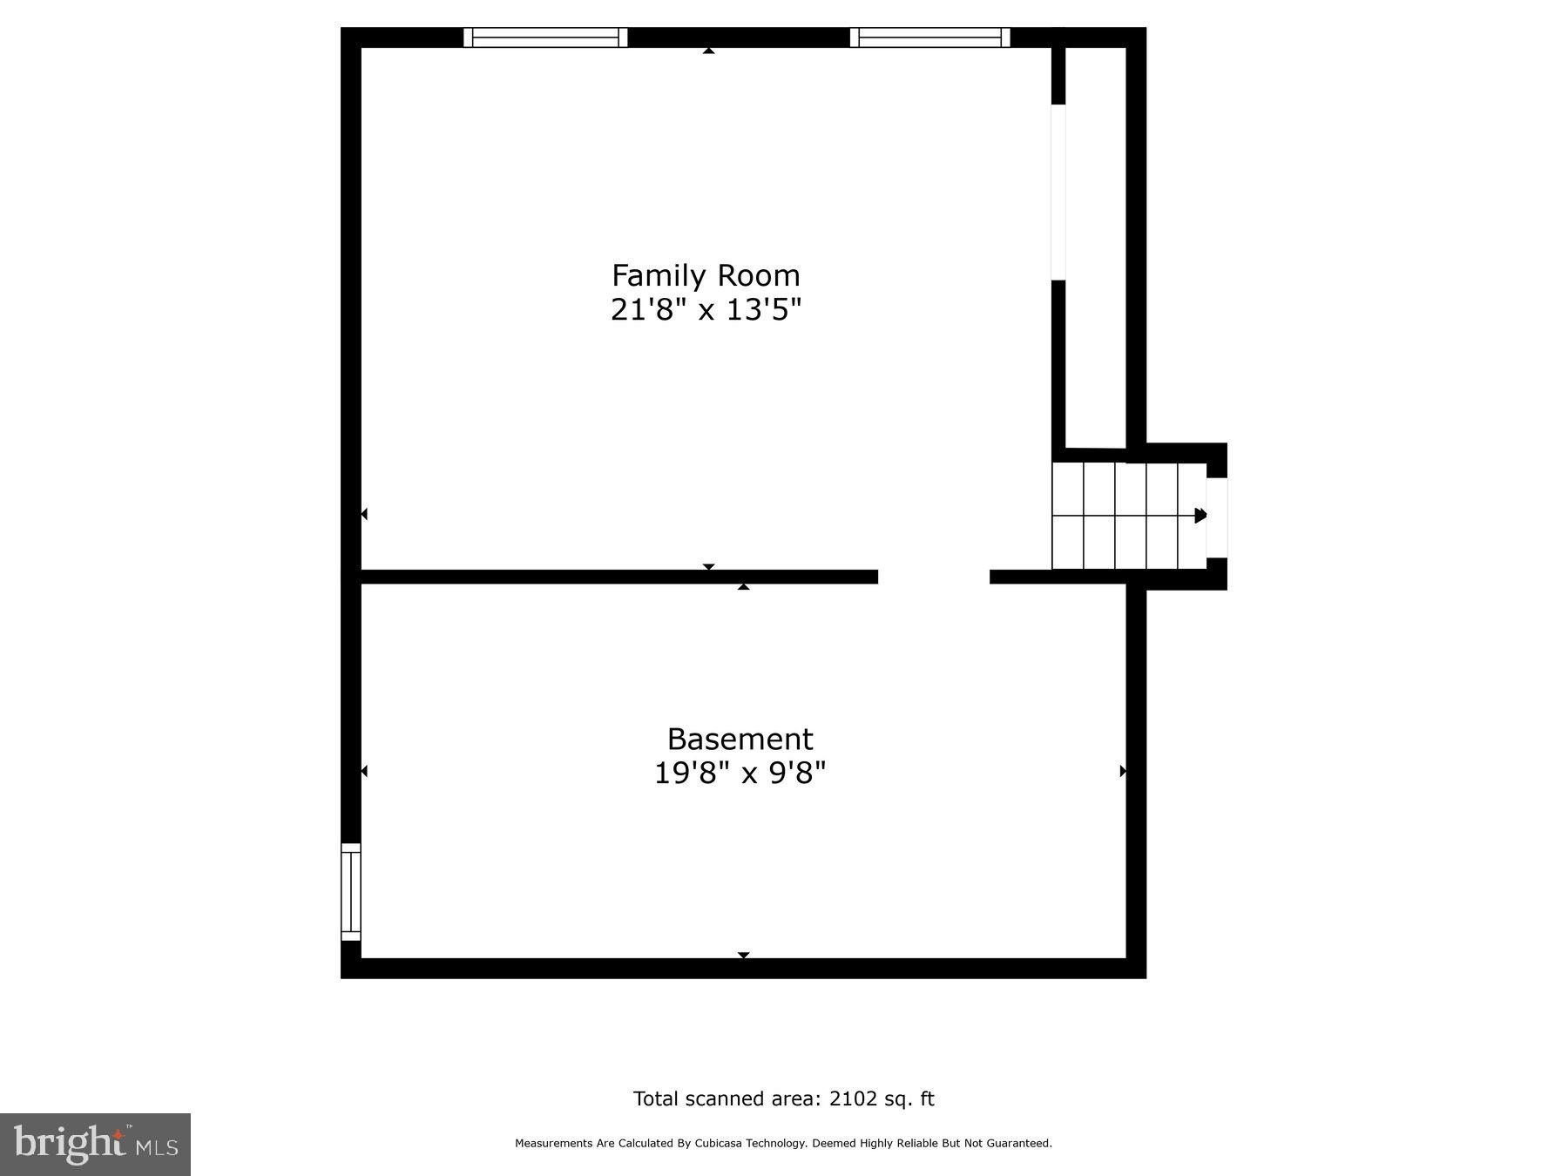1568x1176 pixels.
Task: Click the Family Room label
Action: [706, 276]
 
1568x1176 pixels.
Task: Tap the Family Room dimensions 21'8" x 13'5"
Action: [706, 309]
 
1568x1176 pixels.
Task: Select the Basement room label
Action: [740, 740]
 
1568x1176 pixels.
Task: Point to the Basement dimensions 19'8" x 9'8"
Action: [740, 773]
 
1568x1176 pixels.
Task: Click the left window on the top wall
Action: [545, 37]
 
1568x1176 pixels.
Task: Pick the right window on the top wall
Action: [929, 37]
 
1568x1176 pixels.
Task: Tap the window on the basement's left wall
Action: [350, 892]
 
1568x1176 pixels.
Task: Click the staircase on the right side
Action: [1128, 516]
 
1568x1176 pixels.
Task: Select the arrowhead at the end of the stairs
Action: [1200, 515]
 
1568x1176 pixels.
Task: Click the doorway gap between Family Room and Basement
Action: [934, 577]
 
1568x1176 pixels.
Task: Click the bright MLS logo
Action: [95, 1145]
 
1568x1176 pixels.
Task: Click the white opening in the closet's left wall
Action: [1058, 193]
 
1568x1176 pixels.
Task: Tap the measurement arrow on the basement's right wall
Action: [1122, 771]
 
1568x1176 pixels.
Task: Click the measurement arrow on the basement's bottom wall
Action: [743, 955]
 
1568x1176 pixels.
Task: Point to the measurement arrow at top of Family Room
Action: [709, 51]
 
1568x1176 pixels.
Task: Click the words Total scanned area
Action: [727, 1099]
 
